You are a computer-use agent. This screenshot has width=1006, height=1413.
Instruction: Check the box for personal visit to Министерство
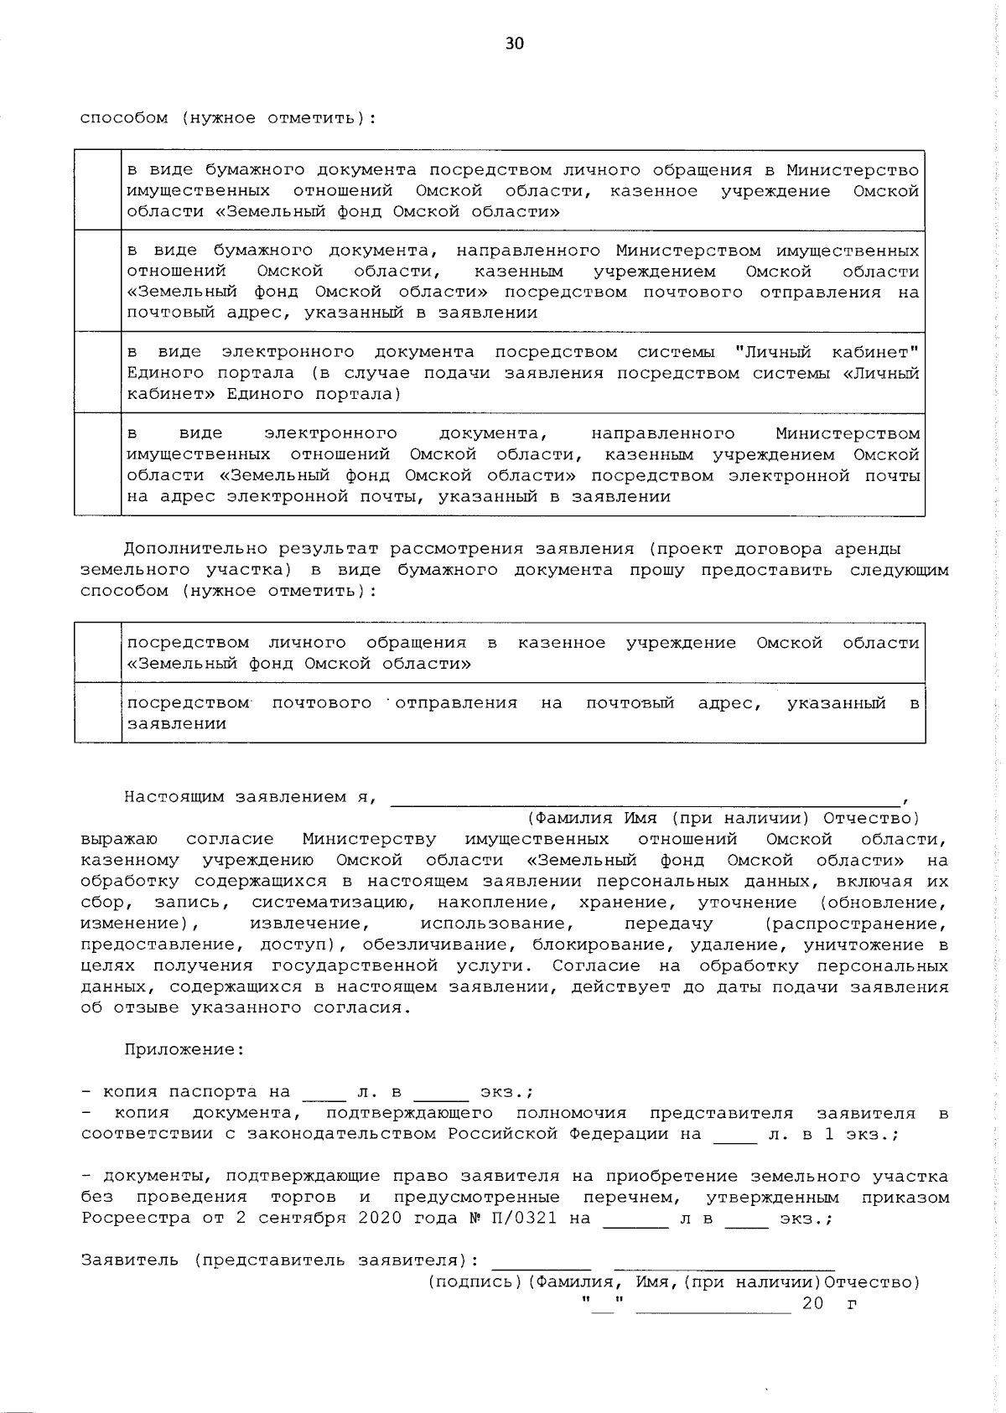coord(97,190)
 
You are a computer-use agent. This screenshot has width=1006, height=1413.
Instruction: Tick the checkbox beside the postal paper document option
coord(97,281)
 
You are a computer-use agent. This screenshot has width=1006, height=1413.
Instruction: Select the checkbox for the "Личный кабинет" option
coord(97,372)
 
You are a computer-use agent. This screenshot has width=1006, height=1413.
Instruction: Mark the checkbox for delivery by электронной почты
coord(97,464)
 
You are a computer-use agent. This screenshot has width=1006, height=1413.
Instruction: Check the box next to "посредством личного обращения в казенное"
coord(97,652)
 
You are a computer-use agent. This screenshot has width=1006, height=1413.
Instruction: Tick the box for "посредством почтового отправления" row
coord(97,712)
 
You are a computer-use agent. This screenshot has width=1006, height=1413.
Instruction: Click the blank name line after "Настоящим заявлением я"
coord(646,798)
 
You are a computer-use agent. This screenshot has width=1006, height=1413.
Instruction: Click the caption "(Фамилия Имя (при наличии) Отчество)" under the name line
coord(723,818)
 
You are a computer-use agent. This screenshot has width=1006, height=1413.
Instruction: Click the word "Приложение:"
coord(184,1049)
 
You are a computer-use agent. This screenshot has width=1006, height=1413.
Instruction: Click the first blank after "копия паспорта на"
coord(324,1093)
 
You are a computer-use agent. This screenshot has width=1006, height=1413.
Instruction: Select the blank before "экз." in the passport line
coord(441,1093)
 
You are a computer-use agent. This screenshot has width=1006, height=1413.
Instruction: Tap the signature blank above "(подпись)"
coord(542,1262)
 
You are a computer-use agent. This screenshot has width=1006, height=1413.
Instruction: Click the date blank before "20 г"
coord(713,1304)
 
